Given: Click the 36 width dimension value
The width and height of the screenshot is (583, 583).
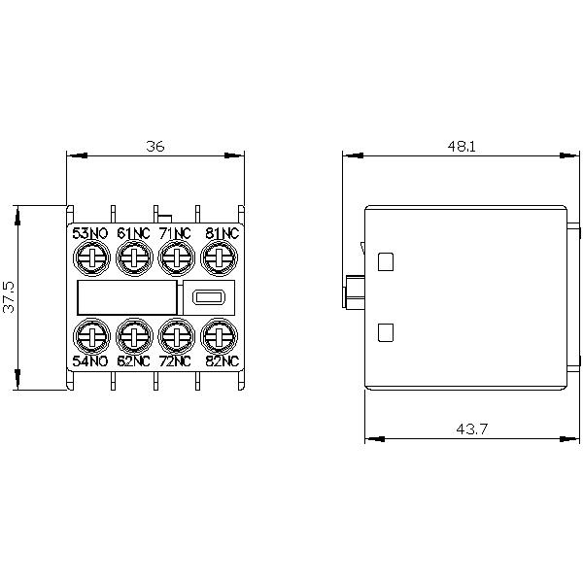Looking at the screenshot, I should [x=155, y=146].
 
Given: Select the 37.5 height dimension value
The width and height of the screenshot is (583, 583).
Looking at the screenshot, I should [x=10, y=297].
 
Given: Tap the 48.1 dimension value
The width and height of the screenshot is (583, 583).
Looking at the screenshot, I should [x=462, y=146].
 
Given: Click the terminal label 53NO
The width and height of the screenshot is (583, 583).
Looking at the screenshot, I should [x=89, y=233].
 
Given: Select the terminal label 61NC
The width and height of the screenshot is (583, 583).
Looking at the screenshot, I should [x=133, y=233].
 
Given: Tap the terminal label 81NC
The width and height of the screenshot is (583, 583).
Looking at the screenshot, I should [x=221, y=233].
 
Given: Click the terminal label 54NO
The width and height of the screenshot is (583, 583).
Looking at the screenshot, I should [x=89, y=361].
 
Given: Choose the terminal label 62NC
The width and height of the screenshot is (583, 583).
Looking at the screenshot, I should [x=133, y=361].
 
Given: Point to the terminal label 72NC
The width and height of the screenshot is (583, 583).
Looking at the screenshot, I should [x=177, y=361].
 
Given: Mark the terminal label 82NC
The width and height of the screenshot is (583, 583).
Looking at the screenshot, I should [x=221, y=361].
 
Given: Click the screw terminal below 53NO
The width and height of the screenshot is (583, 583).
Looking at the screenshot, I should [x=89, y=257].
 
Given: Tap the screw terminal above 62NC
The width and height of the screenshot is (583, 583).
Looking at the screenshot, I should [x=133, y=336].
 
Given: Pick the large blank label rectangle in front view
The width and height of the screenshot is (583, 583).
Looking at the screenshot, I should [x=127, y=297].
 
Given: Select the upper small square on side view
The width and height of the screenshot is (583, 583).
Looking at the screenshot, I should [x=385, y=260].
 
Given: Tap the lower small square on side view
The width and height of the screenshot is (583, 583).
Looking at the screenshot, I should [x=385, y=332].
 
